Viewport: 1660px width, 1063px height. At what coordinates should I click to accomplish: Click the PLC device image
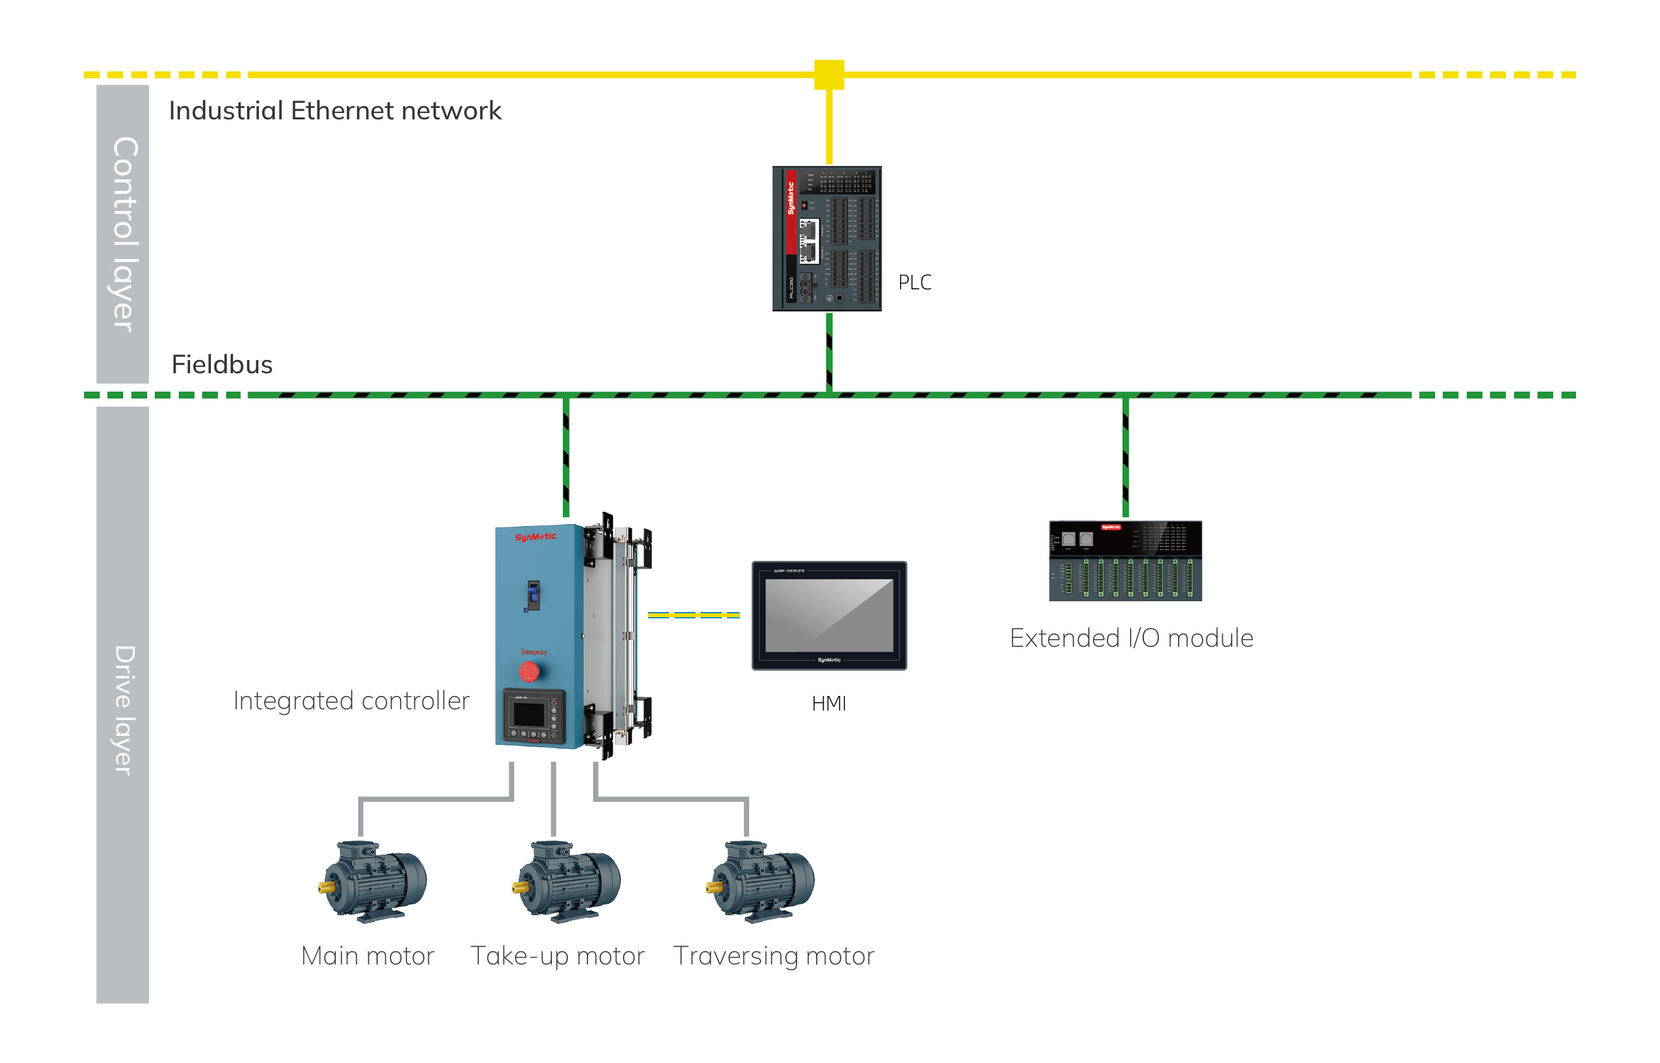pyautogui.click(x=826, y=238)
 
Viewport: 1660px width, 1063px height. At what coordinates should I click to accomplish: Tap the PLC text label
pyautogui.click(x=914, y=282)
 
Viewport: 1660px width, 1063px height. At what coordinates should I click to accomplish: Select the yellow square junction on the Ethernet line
pyautogui.click(x=828, y=75)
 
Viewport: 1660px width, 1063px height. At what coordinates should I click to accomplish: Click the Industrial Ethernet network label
pyautogui.click(x=335, y=111)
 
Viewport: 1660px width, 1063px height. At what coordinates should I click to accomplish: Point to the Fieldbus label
pyautogui.click(x=222, y=364)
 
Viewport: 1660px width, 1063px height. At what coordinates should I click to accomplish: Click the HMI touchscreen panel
pyautogui.click(x=829, y=615)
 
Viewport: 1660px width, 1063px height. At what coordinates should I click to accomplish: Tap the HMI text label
pyautogui.click(x=828, y=704)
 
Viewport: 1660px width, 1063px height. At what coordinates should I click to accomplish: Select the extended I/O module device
pyautogui.click(x=1125, y=560)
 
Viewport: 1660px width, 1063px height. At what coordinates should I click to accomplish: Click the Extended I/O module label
pyautogui.click(x=1131, y=638)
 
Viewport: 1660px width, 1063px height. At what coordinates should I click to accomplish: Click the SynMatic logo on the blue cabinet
pyautogui.click(x=535, y=536)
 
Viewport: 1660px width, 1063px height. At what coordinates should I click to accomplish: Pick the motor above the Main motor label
pyautogui.click(x=373, y=882)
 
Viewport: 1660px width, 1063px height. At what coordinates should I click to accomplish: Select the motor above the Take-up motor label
pyautogui.click(x=567, y=882)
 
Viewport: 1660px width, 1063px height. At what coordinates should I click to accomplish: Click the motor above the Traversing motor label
pyautogui.click(x=761, y=882)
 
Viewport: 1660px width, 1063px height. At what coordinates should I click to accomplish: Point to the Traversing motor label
pyautogui.click(x=773, y=958)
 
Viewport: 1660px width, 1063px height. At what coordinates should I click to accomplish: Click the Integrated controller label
pyautogui.click(x=352, y=702)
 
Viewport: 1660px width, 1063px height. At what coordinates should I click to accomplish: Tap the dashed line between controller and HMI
pyautogui.click(x=693, y=615)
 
